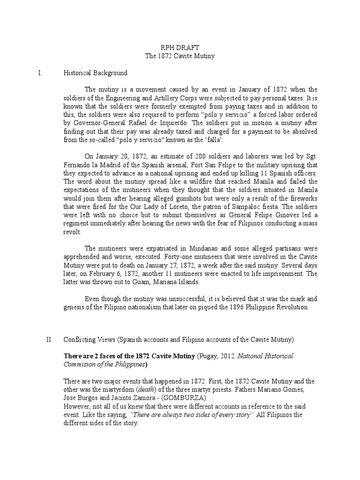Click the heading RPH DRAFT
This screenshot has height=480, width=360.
pos(180,48)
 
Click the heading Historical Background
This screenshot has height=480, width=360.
pos(95,73)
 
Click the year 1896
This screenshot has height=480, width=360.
pos(224,307)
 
